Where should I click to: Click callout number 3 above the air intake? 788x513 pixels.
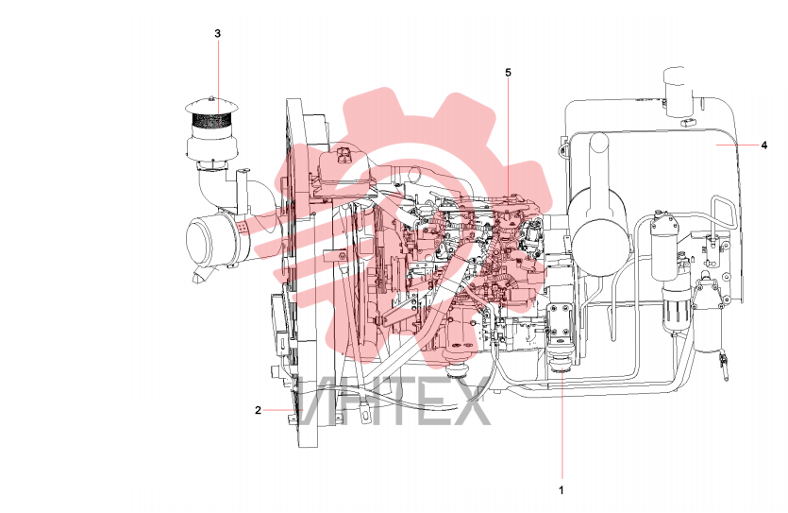pos(218,34)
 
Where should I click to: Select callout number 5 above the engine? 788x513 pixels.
pos(508,73)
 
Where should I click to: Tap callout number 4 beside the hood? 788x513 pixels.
pos(764,145)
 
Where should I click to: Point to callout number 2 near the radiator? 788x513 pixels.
pos(258,410)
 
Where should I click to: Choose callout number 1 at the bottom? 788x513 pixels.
pos(562,490)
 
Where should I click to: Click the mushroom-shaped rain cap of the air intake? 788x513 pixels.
pos(211,106)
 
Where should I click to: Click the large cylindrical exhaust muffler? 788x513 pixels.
pos(599,231)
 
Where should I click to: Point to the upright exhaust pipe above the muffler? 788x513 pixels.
pos(599,161)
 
